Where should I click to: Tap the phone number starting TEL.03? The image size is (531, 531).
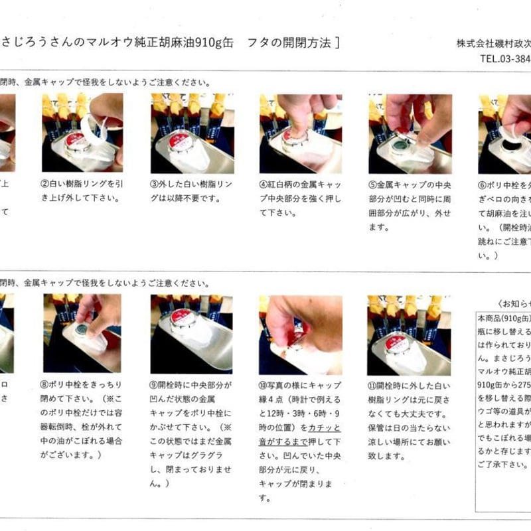[x=504, y=58]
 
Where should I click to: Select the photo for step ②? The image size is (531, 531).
[x=82, y=132]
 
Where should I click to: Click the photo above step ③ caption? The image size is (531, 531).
[x=192, y=132]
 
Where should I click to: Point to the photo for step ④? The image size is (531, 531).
[x=300, y=132]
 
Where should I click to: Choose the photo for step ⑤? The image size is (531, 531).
[x=410, y=132]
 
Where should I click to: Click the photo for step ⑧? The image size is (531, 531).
[x=82, y=333]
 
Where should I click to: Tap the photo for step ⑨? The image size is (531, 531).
[x=192, y=333]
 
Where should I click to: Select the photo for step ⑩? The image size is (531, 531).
[x=300, y=333]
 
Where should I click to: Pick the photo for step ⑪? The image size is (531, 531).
[x=410, y=333]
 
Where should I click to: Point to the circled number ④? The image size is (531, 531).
[x=264, y=184]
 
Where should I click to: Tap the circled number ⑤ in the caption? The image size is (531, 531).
[x=372, y=184]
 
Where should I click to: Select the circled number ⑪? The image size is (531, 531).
[x=372, y=385]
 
